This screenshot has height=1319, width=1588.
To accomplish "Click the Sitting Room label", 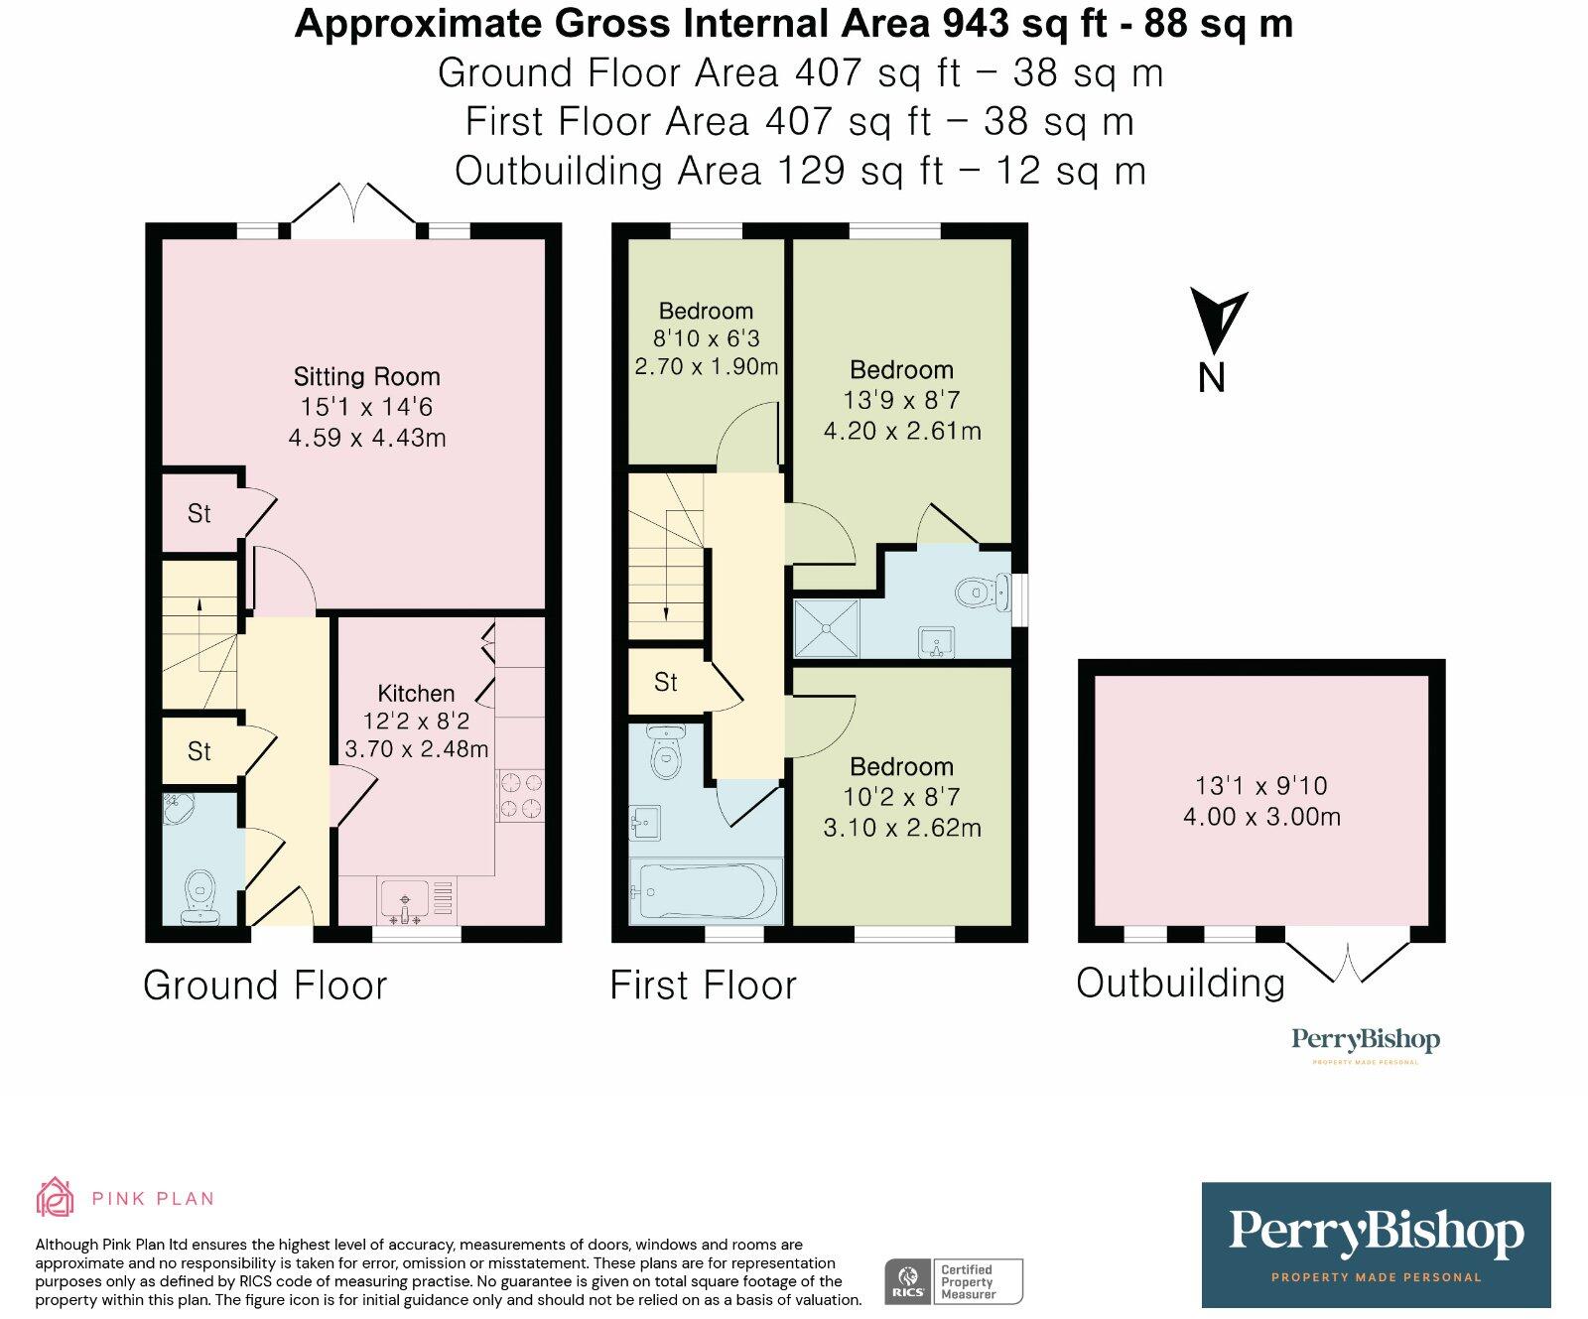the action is (366, 377).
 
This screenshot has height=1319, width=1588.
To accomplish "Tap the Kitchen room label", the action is (416, 694).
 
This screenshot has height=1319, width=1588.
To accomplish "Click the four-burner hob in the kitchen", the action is (520, 796).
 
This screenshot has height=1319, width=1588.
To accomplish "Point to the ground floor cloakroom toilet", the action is (200, 897).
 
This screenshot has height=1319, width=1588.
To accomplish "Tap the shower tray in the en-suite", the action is (827, 628).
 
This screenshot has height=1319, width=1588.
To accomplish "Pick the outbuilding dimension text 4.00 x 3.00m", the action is (1261, 818).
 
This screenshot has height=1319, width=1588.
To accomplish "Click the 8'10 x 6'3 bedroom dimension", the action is (706, 338).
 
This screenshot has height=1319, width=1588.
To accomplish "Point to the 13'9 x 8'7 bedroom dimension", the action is (901, 401).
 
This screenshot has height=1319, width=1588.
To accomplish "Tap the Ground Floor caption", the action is (265, 986).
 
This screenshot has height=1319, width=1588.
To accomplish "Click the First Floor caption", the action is (703, 986).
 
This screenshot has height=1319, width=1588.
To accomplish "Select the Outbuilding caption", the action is (1181, 984).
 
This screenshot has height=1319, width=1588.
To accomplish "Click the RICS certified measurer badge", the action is (954, 1281).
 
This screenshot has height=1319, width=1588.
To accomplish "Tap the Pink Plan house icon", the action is (55, 1197).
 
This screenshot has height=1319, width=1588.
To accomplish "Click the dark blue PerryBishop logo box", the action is (1376, 1245).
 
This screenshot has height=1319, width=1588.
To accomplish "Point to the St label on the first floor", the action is (666, 683).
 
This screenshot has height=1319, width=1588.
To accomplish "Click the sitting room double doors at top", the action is (353, 205).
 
